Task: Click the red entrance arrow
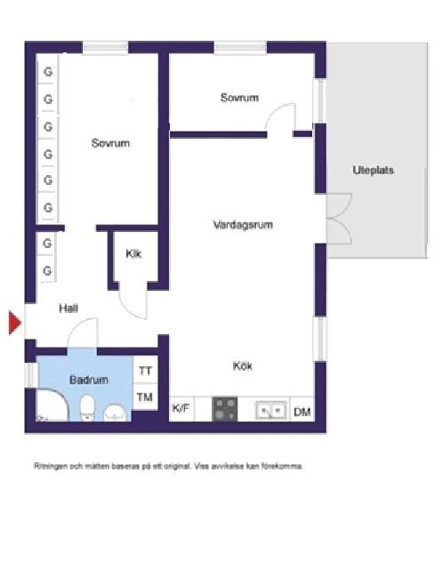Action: click(14, 323)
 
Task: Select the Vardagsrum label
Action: click(242, 225)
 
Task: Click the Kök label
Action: click(244, 364)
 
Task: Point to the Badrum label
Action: click(89, 380)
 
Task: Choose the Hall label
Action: click(68, 308)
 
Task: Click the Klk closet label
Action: click(134, 254)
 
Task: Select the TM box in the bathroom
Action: click(145, 397)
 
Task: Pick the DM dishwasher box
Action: click(302, 411)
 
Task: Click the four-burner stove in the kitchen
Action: click(225, 410)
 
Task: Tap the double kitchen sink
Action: click(270, 410)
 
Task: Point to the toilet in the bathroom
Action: click(87, 409)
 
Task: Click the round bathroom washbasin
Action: click(116, 412)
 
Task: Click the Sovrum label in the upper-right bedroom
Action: click(239, 98)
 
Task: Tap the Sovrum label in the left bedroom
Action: click(110, 142)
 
